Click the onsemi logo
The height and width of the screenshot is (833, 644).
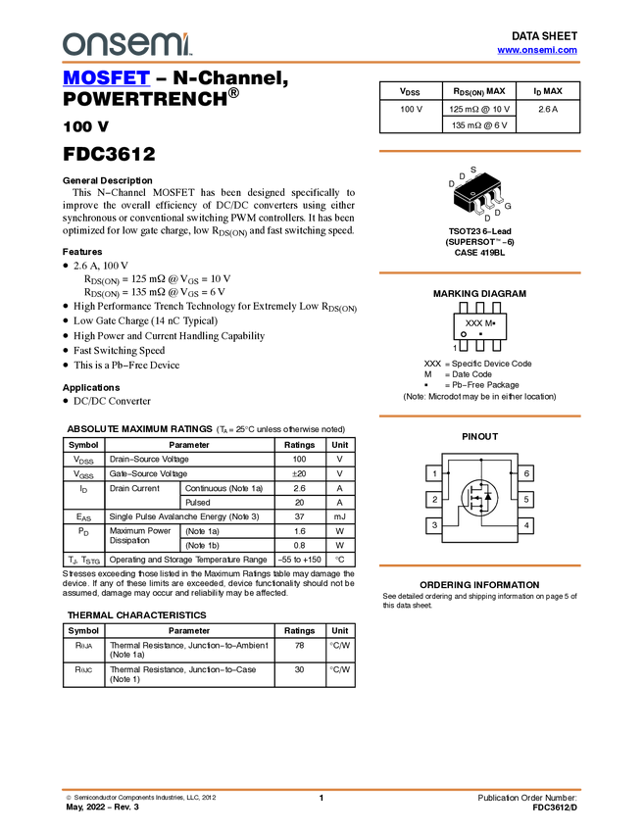[126, 44]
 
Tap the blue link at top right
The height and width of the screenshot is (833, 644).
[537, 50]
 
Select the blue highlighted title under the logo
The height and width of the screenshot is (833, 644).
[106, 77]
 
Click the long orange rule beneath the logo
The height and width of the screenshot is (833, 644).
[322, 63]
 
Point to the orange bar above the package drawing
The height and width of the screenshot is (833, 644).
[479, 151]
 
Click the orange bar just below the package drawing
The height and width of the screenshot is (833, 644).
[479, 272]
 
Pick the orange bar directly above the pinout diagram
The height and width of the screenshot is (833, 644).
[479, 416]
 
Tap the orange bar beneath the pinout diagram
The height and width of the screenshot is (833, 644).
[479, 565]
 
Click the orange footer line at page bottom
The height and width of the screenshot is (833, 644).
[322, 789]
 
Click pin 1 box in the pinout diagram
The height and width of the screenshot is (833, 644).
[433, 474]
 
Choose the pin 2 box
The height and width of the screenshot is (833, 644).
[433, 500]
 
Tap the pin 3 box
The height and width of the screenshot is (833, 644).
[433, 526]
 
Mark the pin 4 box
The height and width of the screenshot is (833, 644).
[526, 526]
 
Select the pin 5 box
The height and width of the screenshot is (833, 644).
[526, 500]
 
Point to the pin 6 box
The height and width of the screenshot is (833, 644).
[526, 474]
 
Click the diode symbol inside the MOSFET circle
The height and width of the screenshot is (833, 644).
[488, 498]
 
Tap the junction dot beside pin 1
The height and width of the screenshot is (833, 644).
[448, 474]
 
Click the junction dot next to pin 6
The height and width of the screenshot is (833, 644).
[512, 474]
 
